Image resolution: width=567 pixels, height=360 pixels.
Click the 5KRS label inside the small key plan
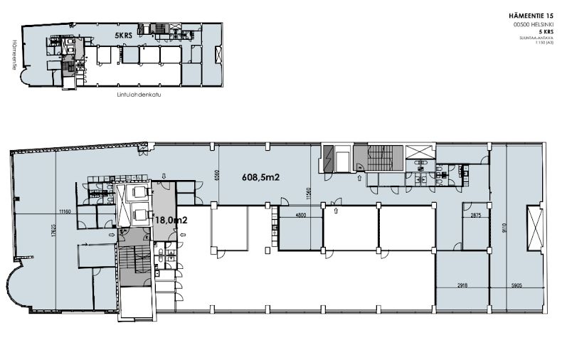click(124, 33)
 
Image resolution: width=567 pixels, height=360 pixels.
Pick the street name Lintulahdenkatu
click(138, 93)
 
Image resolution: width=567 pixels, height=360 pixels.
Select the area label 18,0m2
click(171, 221)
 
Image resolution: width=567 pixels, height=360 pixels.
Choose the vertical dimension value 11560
click(308, 191)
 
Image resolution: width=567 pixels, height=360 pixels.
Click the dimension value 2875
click(476, 214)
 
